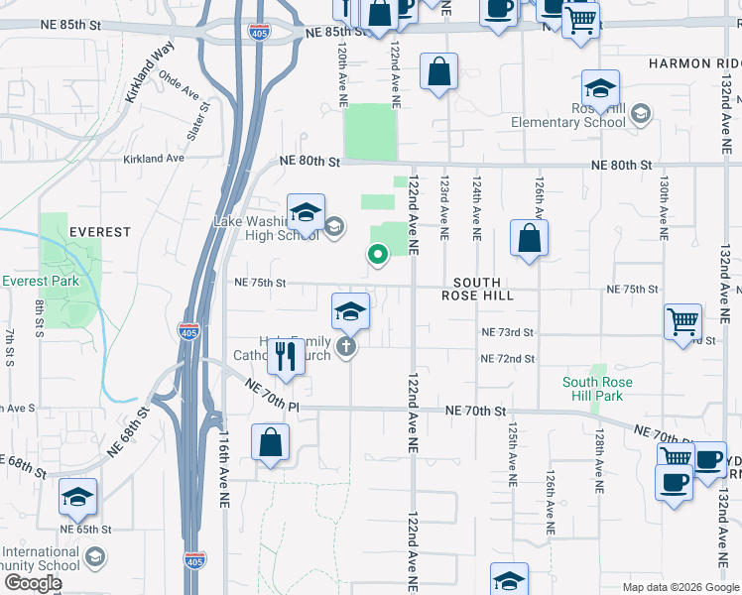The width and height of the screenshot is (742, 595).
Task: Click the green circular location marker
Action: click(377, 255)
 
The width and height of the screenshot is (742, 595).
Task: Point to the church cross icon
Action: click(345, 347)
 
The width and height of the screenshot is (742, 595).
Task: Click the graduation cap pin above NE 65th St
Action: click(76, 498)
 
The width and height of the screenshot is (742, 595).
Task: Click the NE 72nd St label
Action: click(508, 358)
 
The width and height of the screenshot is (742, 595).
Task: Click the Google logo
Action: click(33, 583)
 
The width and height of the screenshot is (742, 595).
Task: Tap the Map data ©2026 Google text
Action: click(680, 587)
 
